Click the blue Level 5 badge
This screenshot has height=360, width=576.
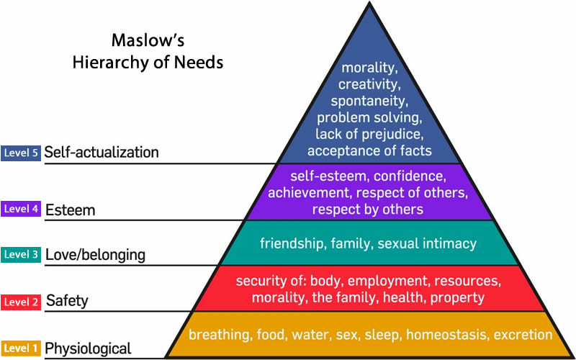[20, 153]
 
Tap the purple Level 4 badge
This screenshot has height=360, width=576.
[20, 210]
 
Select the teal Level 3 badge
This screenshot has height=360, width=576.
[20, 254]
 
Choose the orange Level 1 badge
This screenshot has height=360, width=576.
[20, 348]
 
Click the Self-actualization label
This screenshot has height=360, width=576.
[102, 153]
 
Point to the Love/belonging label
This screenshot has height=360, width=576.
[95, 255]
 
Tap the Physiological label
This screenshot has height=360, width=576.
[88, 349]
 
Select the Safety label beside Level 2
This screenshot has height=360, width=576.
[66, 300]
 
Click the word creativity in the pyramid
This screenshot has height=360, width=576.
[369, 84]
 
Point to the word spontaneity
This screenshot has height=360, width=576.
[369, 101]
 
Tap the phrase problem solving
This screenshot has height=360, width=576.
[369, 117]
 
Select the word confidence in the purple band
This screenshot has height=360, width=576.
[407, 176]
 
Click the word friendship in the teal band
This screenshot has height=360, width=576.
[292, 243]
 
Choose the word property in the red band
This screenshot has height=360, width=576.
[454, 297]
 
